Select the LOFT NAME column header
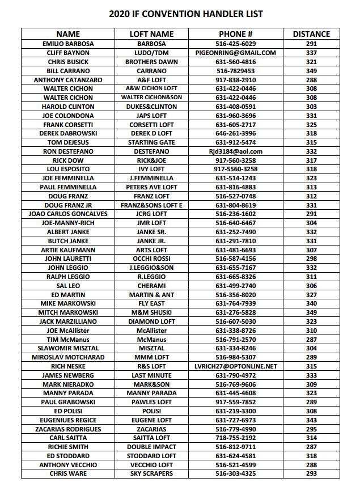151,34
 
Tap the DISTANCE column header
311,34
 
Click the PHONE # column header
235,34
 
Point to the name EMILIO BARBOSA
68,44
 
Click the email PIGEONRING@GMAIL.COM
235,53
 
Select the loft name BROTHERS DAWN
151,62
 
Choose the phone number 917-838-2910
235,80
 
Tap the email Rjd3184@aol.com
235,151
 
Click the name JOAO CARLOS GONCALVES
68,214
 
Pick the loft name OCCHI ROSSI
151,259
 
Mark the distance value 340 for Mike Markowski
311,303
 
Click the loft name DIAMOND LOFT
151,321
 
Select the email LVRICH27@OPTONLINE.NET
235,366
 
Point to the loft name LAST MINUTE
151,375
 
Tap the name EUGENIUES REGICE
68,420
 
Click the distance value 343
311,420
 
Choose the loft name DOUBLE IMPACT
151,447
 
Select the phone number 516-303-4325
235,473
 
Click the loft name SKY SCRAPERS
151,473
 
